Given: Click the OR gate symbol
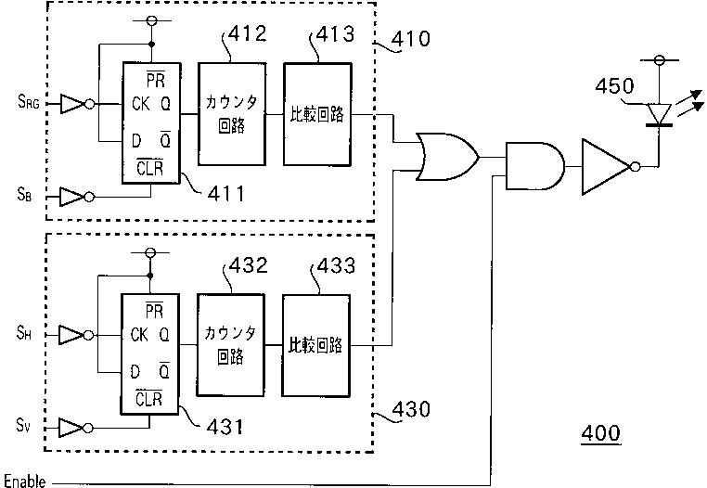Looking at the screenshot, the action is (x=447, y=157).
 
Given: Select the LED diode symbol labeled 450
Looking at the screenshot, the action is (x=659, y=114).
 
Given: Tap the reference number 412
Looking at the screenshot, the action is (x=247, y=33).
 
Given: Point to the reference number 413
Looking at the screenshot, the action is (x=335, y=33).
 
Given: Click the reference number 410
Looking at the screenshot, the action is (x=410, y=39).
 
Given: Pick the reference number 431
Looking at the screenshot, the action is (x=225, y=426).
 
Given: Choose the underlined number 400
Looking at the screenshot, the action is (x=600, y=433).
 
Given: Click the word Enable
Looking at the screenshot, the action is (x=25, y=481).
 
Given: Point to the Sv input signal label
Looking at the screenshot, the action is (x=23, y=425).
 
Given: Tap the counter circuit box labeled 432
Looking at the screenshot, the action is (x=230, y=345).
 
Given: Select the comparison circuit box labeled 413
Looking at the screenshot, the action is (x=317, y=114).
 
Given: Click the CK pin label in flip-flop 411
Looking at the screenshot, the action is (x=141, y=104).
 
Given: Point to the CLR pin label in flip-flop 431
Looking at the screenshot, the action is (x=148, y=399).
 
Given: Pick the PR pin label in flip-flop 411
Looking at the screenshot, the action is (x=156, y=81).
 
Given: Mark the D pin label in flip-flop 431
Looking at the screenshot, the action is (x=135, y=372).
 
